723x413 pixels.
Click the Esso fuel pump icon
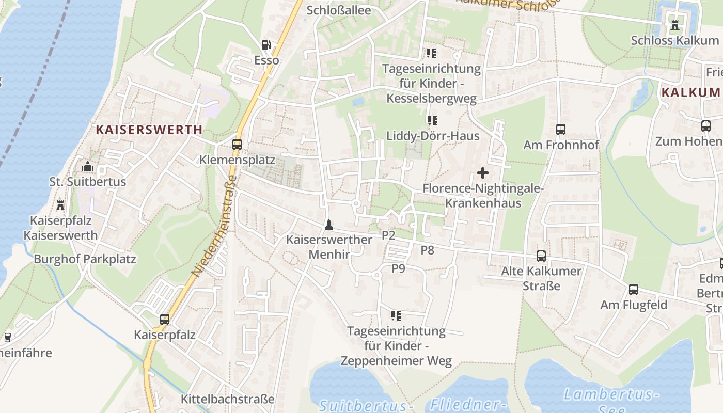point(266,45)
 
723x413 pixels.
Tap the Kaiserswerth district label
point(149,130)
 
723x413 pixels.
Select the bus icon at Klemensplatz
point(237,145)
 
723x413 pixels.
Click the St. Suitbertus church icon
point(88,167)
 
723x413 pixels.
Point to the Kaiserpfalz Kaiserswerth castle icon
point(60,205)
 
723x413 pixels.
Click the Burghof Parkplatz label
point(85,259)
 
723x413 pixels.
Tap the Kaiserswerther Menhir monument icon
point(328,225)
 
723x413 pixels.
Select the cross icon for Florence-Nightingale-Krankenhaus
point(483,173)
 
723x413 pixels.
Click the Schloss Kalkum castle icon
point(674,24)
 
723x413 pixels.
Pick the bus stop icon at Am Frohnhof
point(561,130)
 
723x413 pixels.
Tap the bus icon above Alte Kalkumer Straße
point(541,256)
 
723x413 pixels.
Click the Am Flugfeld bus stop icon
point(634,290)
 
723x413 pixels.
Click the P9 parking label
point(398,268)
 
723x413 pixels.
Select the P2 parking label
point(388,235)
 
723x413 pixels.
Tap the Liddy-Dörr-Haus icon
point(432,121)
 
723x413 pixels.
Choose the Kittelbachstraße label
point(227,399)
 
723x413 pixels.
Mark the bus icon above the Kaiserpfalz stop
point(165,320)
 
